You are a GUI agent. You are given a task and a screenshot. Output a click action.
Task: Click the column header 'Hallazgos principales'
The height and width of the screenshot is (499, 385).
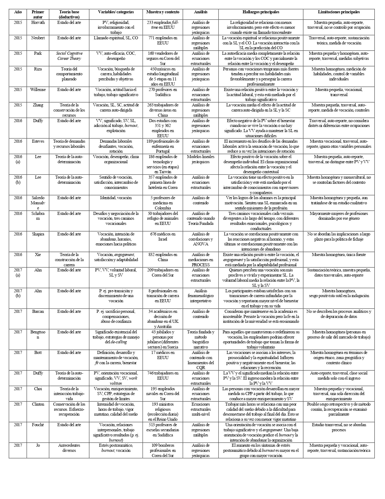pyautogui.click(x=261, y=12)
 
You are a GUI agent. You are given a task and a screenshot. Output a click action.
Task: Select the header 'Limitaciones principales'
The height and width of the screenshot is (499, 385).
pyautogui.click(x=339, y=12)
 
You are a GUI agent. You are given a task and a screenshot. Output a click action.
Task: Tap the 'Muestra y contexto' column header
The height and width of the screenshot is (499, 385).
pyautogui.click(x=163, y=12)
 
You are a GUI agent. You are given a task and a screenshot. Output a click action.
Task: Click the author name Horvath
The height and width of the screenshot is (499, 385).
pyautogui.click(x=38, y=22)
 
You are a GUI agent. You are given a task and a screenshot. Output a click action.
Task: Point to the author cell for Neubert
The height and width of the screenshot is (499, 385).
pyautogui.click(x=38, y=38)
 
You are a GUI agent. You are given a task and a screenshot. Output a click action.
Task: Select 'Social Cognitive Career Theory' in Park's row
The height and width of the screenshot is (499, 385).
pyautogui.click(x=69, y=56)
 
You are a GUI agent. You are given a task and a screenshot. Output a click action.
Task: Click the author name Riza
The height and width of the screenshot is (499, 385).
pyautogui.click(x=38, y=69)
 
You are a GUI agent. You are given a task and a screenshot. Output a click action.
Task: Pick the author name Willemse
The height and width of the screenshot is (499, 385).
pyautogui.click(x=38, y=89)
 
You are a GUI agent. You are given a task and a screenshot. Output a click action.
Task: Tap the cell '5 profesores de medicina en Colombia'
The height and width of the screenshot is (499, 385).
pyautogui.click(x=163, y=203)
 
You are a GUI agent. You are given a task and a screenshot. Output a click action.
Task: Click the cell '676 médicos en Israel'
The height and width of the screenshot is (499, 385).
pyautogui.click(x=163, y=236)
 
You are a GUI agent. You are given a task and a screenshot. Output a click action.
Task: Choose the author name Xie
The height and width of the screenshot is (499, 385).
pyautogui.click(x=38, y=254)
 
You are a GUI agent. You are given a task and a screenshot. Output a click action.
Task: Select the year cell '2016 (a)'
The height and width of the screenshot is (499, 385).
pyautogui.click(x=18, y=159)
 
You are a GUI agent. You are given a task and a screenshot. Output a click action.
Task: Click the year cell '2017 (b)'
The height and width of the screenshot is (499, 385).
pyautogui.click(x=18, y=293)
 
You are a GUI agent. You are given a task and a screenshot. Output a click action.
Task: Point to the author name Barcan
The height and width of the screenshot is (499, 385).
pyautogui.click(x=38, y=311)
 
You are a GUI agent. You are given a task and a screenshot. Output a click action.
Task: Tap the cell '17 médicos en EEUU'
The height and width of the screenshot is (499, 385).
pyautogui.click(x=163, y=355)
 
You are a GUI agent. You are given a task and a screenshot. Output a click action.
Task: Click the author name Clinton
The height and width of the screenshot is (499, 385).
pyautogui.click(x=38, y=404)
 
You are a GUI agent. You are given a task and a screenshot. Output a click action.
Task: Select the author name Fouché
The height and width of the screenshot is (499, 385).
pyautogui.click(x=38, y=425)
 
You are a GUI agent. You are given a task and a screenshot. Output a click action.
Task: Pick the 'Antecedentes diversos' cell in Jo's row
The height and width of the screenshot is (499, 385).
pyautogui.click(x=69, y=448)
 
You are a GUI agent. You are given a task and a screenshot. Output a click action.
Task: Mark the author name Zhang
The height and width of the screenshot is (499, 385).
pyautogui.click(x=38, y=105)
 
